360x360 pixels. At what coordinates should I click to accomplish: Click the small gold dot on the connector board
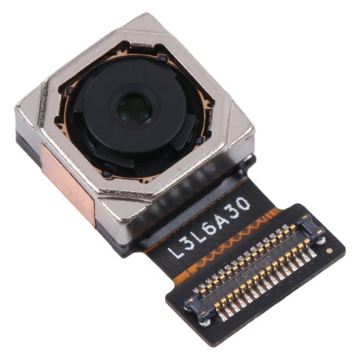(x=329, y=250)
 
